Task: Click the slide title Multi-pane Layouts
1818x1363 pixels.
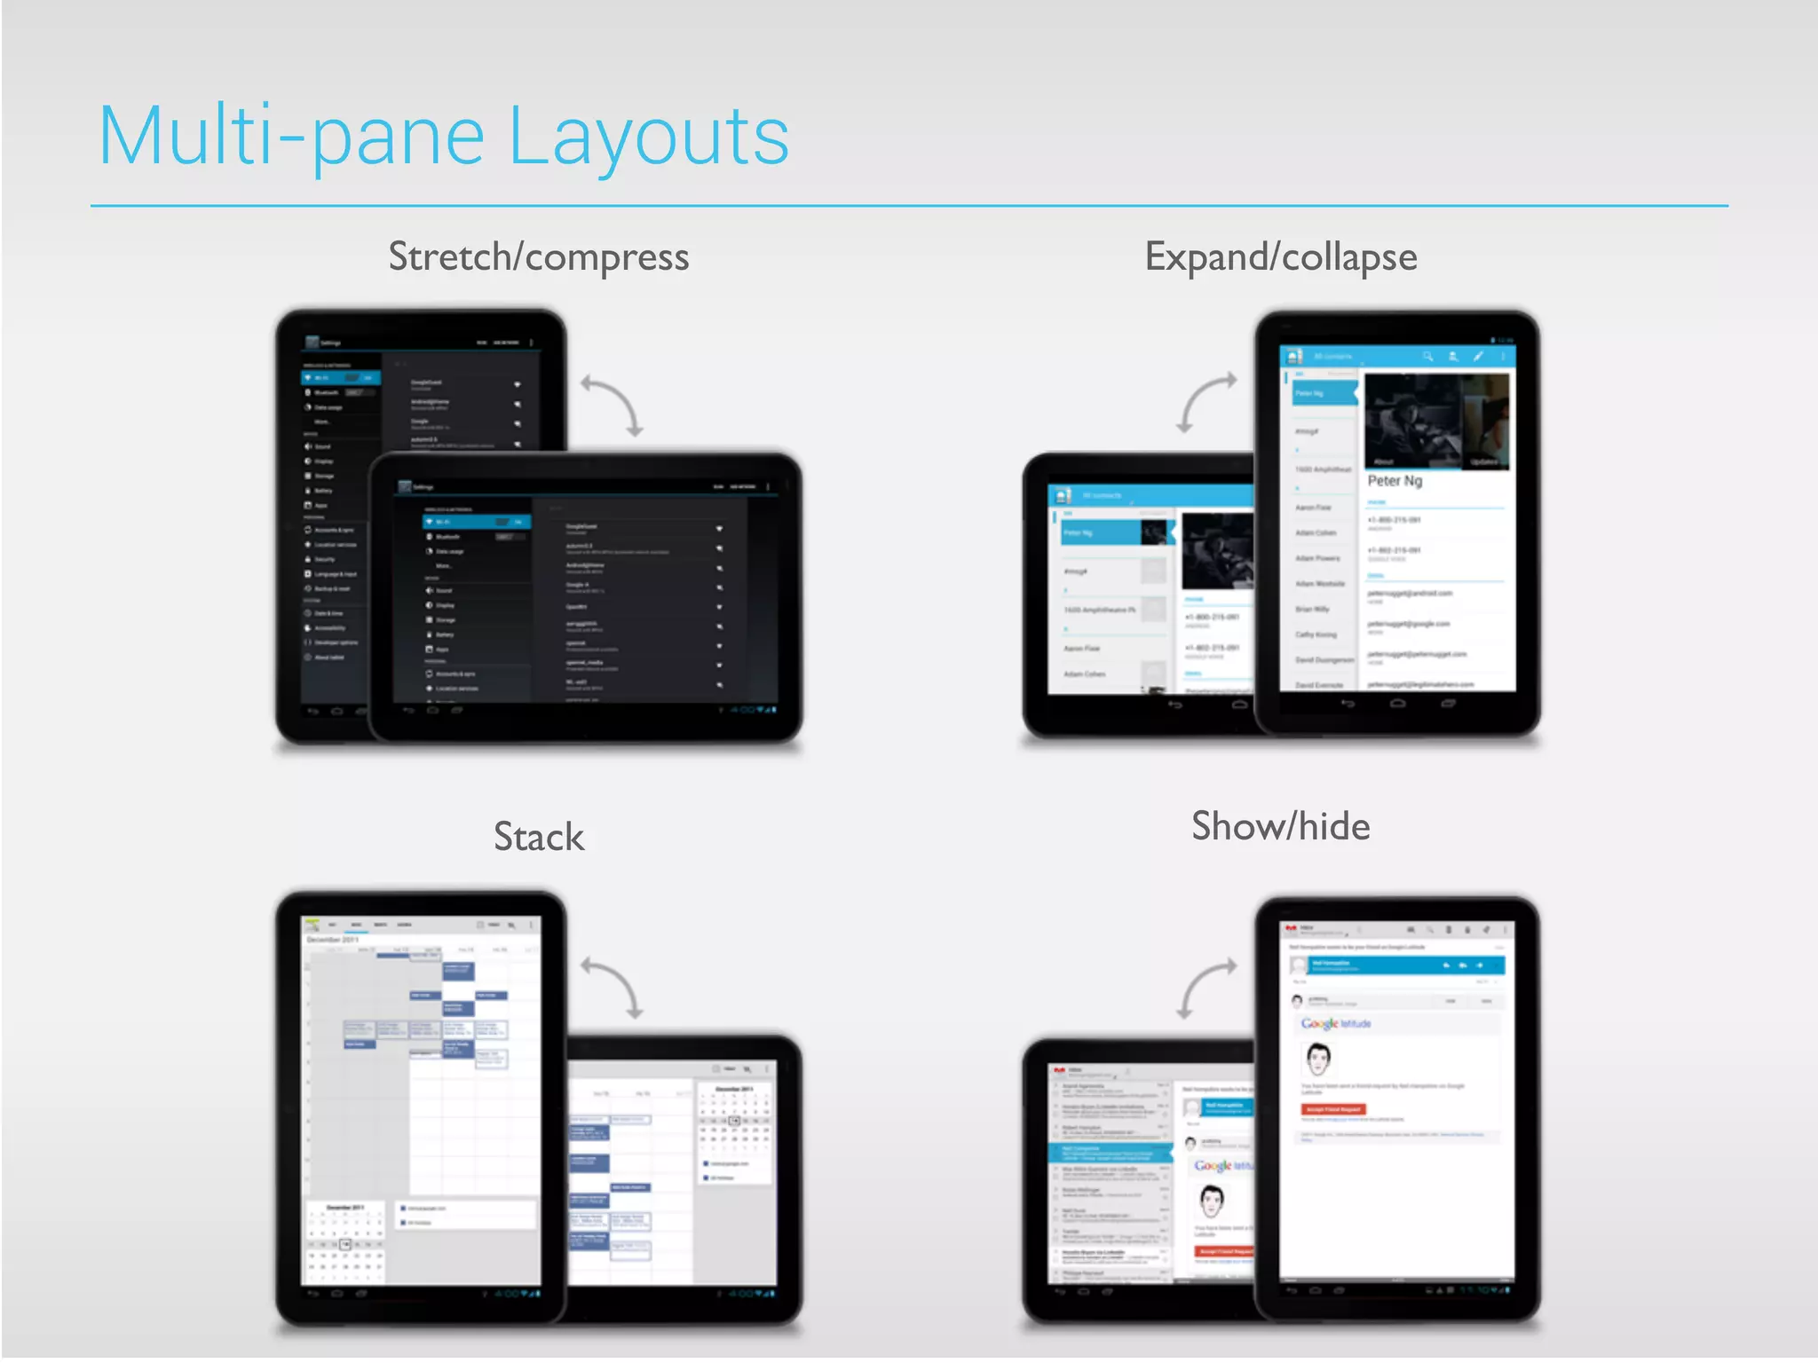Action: (x=444, y=137)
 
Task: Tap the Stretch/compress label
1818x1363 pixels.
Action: (x=538, y=257)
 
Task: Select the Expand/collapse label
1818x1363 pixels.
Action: (x=1280, y=257)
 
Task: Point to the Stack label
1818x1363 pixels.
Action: (x=538, y=837)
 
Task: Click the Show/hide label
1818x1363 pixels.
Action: (x=1280, y=826)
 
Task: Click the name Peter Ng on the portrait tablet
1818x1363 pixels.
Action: (x=1394, y=481)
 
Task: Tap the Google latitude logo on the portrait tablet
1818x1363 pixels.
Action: (x=1335, y=1023)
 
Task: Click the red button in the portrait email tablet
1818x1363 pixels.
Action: (x=1333, y=1109)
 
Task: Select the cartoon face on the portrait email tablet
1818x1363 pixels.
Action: (x=1318, y=1058)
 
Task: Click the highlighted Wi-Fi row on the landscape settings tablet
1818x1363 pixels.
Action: (x=476, y=522)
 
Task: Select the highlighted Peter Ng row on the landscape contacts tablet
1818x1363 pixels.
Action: (x=1113, y=532)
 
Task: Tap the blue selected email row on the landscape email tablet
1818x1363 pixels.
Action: (x=1110, y=1153)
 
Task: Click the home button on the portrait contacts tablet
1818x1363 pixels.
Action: (x=1397, y=704)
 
